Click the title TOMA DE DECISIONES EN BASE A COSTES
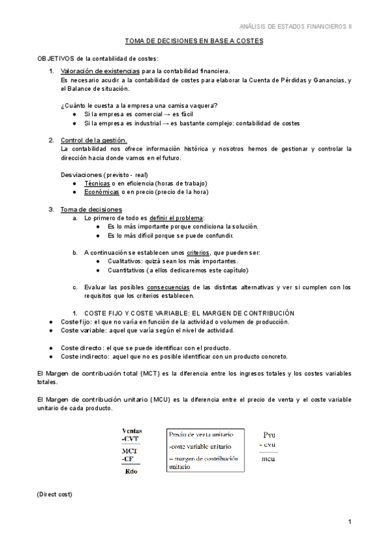(x=194, y=40)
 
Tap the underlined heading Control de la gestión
(x=93, y=140)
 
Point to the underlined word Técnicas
(x=97, y=184)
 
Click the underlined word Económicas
(x=102, y=192)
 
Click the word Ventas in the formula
(x=132, y=431)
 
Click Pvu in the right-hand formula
(x=270, y=434)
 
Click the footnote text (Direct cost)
(x=54, y=495)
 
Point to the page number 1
(x=349, y=523)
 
